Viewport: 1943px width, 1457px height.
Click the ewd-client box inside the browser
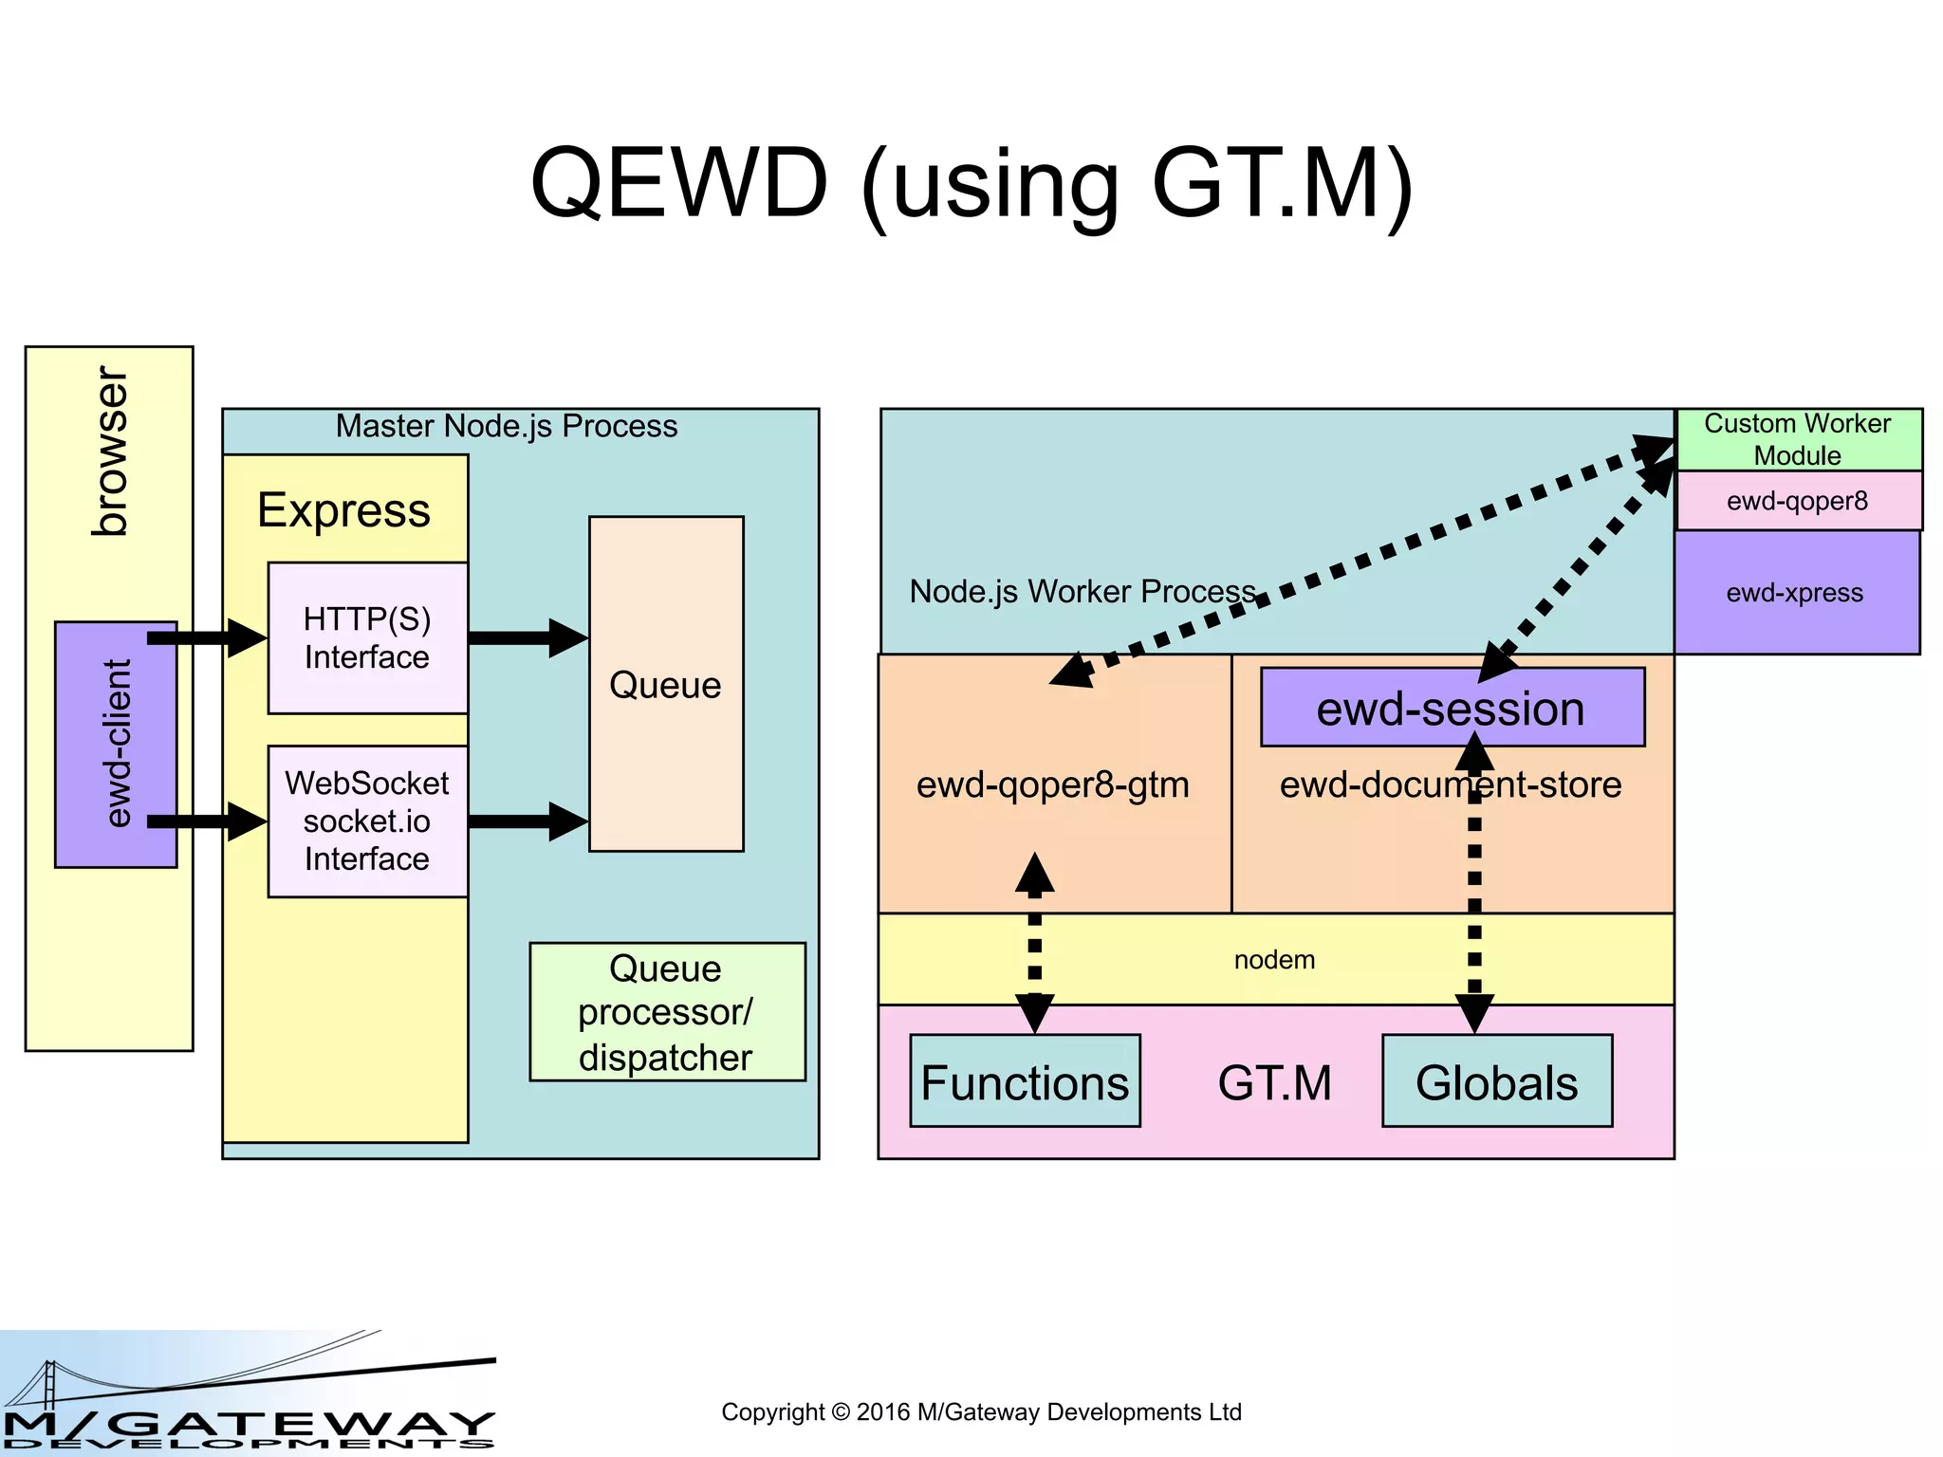point(116,745)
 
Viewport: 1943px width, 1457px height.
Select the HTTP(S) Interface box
point(367,637)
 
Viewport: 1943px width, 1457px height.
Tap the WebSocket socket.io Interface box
point(367,821)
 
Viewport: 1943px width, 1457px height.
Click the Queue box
point(666,684)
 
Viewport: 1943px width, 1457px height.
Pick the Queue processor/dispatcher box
point(666,1012)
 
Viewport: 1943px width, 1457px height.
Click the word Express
point(343,510)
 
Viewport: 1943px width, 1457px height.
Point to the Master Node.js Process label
point(507,426)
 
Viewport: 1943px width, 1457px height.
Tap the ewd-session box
point(1451,708)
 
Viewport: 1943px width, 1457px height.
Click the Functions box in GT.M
point(1025,1081)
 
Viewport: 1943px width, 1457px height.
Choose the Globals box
point(1496,1081)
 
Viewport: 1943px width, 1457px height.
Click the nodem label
point(1274,960)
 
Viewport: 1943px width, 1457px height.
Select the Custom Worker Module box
point(1798,438)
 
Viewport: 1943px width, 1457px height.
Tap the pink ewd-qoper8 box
point(1798,501)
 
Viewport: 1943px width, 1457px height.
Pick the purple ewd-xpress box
point(1795,593)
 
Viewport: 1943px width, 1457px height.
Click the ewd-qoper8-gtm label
point(1052,784)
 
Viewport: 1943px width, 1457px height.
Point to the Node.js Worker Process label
point(1082,591)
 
